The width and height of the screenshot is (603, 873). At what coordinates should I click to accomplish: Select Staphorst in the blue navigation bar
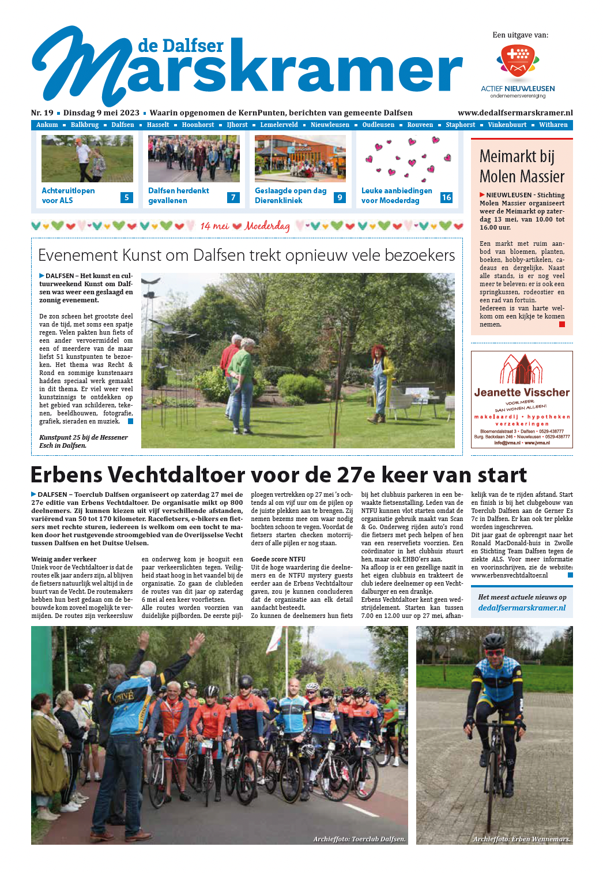tap(460, 125)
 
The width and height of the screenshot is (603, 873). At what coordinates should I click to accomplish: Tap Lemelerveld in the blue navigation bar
tap(279, 125)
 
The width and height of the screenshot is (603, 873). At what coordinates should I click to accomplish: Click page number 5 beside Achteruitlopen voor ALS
tap(127, 197)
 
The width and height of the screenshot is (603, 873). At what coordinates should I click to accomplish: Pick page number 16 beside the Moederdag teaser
tap(446, 197)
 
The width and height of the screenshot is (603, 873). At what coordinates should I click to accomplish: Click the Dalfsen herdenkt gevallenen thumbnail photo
tap(194, 159)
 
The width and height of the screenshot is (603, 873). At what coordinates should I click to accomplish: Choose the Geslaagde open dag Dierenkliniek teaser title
tap(291, 196)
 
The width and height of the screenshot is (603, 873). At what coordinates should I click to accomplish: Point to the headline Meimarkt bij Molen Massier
tap(522, 166)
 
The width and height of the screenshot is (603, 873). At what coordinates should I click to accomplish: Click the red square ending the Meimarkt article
tap(562, 324)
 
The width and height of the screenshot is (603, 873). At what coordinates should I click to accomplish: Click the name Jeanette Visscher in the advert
tap(522, 392)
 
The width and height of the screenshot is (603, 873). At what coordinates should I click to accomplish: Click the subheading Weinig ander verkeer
tap(64, 559)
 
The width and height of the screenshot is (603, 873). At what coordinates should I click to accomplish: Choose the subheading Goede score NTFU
tap(278, 559)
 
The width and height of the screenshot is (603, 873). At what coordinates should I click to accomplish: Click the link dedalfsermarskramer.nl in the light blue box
tap(522, 608)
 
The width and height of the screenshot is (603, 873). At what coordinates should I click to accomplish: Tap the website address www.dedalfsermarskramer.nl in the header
tap(515, 113)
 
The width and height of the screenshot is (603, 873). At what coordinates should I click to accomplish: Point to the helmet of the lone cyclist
tap(494, 641)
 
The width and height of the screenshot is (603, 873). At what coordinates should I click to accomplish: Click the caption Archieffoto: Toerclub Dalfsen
tap(359, 839)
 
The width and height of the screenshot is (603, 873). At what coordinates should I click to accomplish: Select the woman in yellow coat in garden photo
tap(382, 381)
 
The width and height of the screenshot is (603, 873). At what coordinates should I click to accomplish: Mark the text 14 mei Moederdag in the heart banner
tap(245, 226)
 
